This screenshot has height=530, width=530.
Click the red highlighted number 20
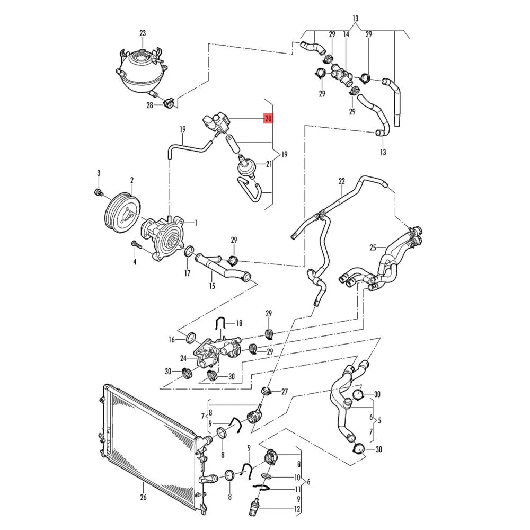point(268,119)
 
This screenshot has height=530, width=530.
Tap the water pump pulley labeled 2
point(122,213)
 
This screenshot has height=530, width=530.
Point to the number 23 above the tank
point(143,33)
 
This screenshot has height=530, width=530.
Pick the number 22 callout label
point(342,181)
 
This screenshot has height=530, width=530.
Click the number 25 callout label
point(373,248)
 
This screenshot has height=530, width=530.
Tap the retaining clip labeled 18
point(220,323)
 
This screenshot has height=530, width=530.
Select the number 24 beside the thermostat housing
point(183,358)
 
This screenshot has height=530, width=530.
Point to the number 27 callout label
point(285,392)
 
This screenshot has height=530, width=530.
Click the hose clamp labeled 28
point(168,103)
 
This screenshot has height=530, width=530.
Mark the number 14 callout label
point(346,34)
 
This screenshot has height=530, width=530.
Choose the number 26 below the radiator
point(143,497)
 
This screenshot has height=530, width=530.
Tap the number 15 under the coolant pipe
point(212,286)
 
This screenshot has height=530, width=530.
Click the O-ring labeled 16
point(191,337)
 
